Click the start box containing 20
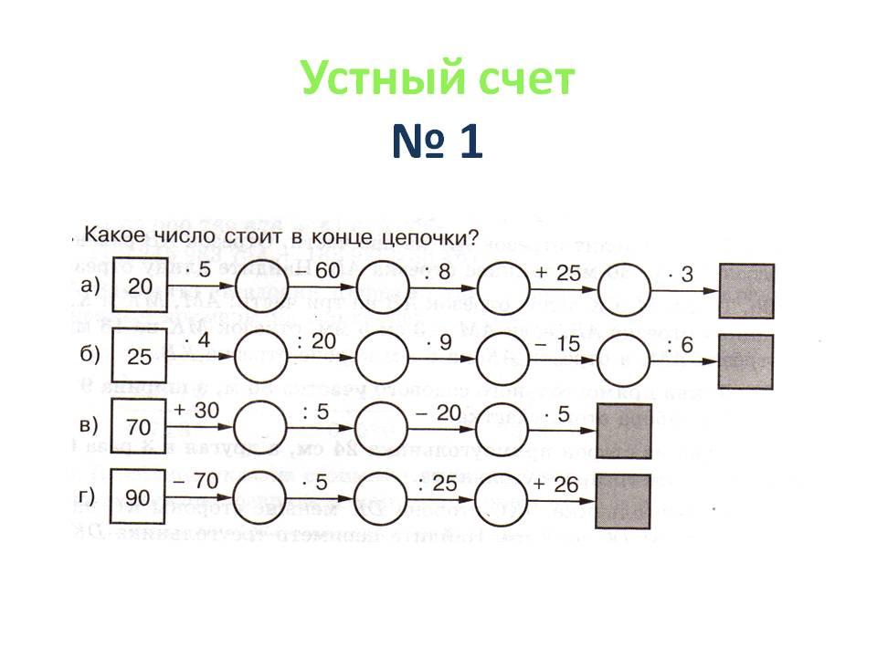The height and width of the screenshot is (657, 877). (139, 287)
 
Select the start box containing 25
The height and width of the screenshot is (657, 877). (139, 357)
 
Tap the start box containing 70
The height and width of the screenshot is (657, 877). (139, 426)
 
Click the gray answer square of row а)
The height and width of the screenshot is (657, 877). (746, 291)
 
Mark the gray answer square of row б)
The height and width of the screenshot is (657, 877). (746, 361)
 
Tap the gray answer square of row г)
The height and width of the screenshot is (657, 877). (622, 501)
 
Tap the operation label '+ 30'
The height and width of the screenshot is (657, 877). (195, 412)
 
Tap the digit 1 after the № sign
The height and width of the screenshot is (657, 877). (470, 143)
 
